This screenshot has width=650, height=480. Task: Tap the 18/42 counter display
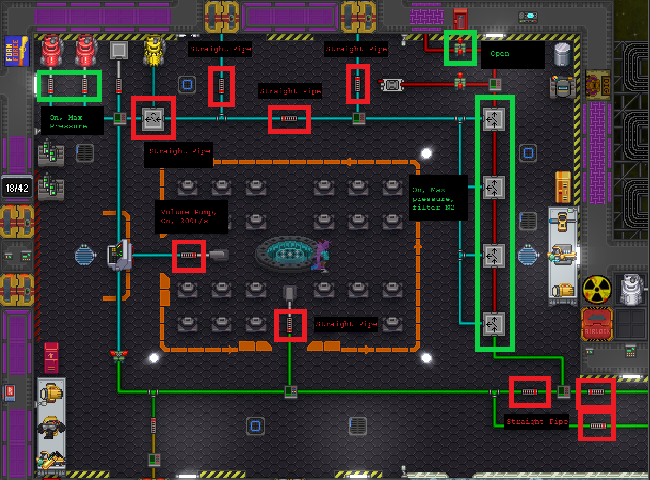click(x=17, y=188)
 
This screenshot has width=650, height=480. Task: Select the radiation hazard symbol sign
click(x=597, y=289)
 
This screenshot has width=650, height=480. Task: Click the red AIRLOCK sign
click(x=597, y=324)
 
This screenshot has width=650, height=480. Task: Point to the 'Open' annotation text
click(x=500, y=54)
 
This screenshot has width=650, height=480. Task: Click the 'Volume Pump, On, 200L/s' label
click(x=189, y=217)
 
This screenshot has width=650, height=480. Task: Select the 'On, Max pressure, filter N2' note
click(x=433, y=199)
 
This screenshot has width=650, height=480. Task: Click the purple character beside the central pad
click(x=322, y=254)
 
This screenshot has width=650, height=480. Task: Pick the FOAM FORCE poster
click(x=17, y=51)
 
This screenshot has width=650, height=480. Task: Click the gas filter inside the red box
click(x=153, y=119)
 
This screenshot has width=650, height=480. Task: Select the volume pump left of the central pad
click(x=189, y=255)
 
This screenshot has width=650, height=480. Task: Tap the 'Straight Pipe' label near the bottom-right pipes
click(x=537, y=422)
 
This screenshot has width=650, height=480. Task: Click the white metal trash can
click(x=562, y=54)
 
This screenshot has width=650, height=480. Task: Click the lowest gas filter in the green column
click(x=494, y=324)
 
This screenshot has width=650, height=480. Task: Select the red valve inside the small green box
click(x=460, y=48)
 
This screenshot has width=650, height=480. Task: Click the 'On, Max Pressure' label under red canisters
click(x=68, y=121)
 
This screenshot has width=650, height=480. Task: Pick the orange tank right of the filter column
click(x=563, y=188)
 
